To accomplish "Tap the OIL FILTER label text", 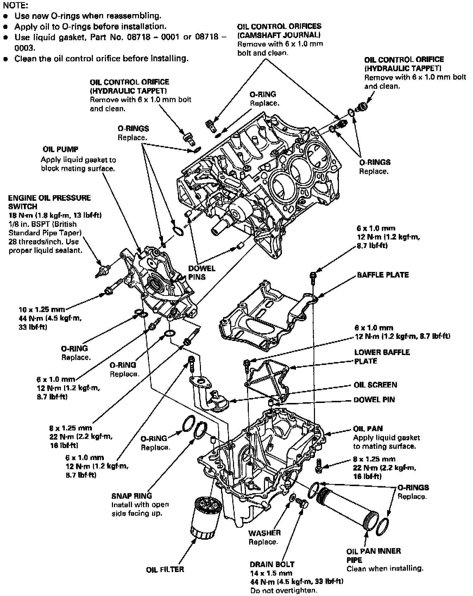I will (x=165, y=569).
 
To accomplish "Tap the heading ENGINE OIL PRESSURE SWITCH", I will (x=49, y=202).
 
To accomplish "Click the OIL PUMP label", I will (x=60, y=149).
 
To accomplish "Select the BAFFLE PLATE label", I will (x=383, y=275).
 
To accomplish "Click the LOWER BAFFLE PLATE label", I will (x=382, y=356).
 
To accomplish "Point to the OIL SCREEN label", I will (x=375, y=385).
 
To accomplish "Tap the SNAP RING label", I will (x=132, y=496).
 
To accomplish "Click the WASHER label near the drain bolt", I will (x=264, y=533).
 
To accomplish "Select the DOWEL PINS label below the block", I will (x=202, y=272).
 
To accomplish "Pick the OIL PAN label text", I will (x=368, y=429).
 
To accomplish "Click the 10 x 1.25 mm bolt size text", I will (x=42, y=309).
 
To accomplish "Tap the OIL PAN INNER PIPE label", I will (x=373, y=555).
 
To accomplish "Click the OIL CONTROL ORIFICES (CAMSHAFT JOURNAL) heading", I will (x=279, y=30).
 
